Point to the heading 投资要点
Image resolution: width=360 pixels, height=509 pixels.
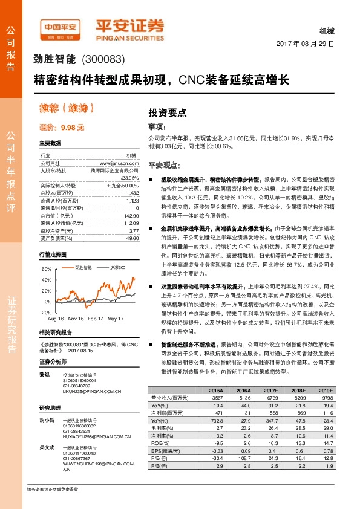(x=167, y=112)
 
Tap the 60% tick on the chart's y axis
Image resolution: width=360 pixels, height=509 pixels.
(x=46, y=268)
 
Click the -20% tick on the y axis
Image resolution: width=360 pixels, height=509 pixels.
(x=45, y=312)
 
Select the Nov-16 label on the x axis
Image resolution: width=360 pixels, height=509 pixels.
(x=76, y=318)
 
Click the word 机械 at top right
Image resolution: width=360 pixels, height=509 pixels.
(x=326, y=31)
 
